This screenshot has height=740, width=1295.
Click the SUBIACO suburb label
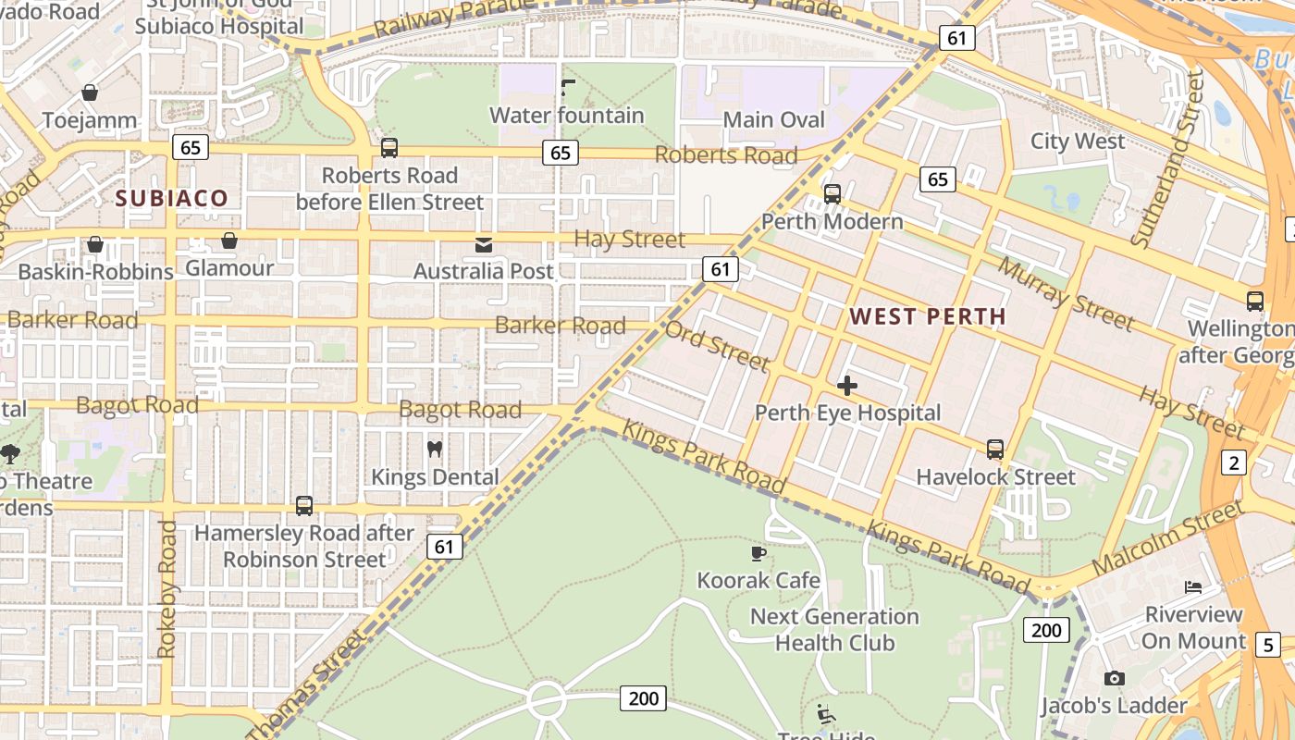tap(172, 198)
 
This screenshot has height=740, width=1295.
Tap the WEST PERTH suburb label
tap(927, 316)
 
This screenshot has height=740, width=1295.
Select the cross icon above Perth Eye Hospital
tap(846, 386)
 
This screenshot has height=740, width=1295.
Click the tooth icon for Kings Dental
tap(434, 450)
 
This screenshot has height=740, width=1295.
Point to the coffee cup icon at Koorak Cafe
tap(758, 553)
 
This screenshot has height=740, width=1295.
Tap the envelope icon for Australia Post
tap(483, 244)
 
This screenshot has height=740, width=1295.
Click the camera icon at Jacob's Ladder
tap(1114, 678)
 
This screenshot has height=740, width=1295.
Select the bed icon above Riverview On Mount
tap(1193, 587)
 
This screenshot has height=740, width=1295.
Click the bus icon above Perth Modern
tap(832, 194)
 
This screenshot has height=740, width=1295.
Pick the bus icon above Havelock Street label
tap(995, 450)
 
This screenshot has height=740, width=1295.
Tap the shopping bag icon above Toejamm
tap(90, 92)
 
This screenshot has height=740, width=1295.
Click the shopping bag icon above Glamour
tap(229, 240)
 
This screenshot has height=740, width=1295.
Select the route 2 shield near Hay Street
tap(1234, 462)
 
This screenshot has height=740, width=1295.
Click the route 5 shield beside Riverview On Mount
tap(1268, 645)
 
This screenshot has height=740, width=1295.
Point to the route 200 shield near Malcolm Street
tap(1046, 631)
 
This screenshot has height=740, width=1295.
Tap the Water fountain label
tap(566, 116)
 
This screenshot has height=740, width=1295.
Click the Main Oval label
tap(773, 120)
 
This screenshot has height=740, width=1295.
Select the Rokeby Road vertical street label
tap(167, 589)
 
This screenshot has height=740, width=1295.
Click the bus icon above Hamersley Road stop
tap(304, 506)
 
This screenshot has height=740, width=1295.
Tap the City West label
tap(1078, 142)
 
